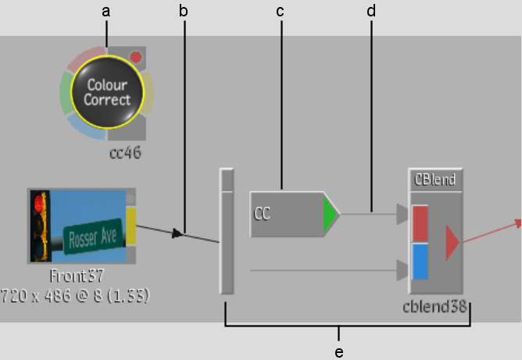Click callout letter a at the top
click(x=106, y=11)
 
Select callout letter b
click(x=184, y=11)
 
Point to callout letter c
click(x=280, y=11)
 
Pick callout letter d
click(x=371, y=11)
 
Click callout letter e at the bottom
click(x=338, y=352)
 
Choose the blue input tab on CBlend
click(x=420, y=261)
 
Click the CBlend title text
click(x=435, y=180)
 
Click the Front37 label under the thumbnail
click(x=77, y=276)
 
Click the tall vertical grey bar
click(x=227, y=231)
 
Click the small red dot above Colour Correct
click(x=136, y=57)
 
